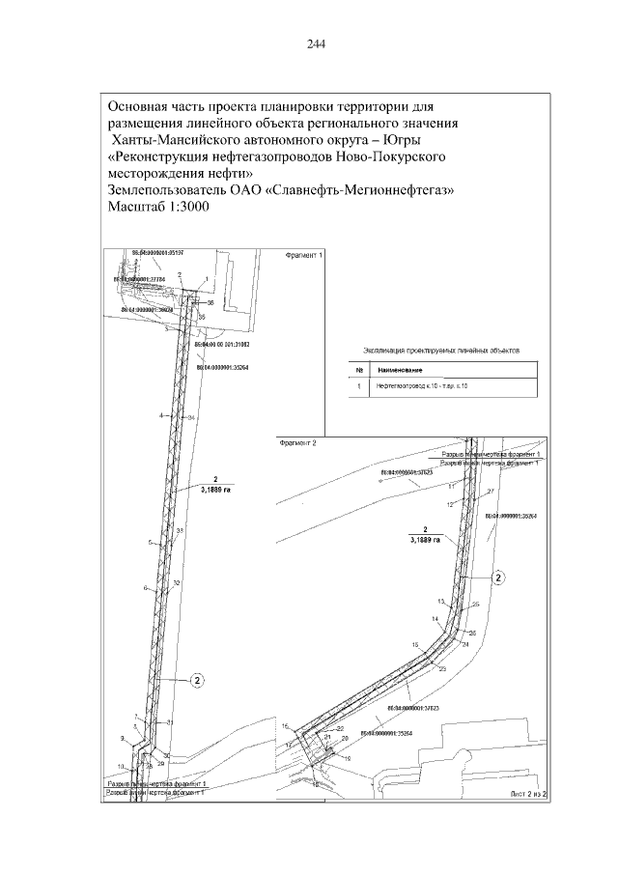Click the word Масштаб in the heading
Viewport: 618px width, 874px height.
[140, 207]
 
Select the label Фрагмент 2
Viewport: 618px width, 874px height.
[297, 443]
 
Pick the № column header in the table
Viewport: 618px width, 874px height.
[359, 369]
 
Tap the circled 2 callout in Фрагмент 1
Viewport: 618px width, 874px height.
[195, 680]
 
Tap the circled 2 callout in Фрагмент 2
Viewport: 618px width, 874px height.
[498, 578]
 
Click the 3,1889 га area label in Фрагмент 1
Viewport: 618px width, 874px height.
[216, 491]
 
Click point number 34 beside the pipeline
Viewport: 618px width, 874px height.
[191, 416]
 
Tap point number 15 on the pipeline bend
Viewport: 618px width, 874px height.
[414, 643]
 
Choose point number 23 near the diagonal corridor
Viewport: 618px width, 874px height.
[442, 668]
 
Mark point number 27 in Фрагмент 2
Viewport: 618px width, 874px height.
[491, 492]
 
